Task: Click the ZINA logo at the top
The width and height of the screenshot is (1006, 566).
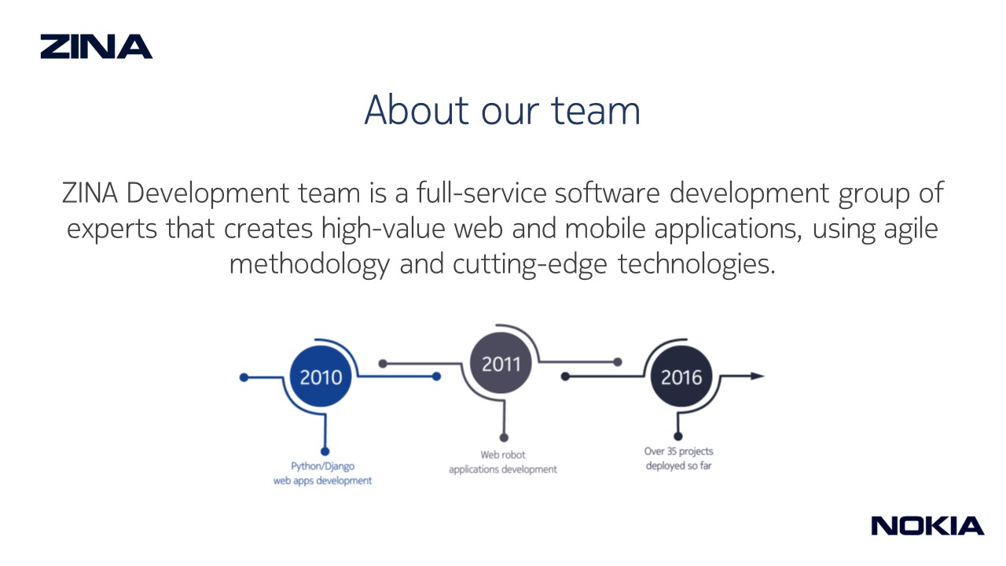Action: [x=97, y=46]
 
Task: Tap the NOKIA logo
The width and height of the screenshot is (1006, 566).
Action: [x=927, y=526]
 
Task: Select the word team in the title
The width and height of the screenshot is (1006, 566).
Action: [x=596, y=111]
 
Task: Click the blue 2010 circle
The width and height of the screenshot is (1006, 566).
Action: [x=321, y=377]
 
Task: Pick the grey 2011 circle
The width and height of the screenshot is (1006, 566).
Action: [x=501, y=363]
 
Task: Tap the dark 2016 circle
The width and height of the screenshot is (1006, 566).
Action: [x=681, y=377]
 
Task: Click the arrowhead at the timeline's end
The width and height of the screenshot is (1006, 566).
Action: [x=758, y=376]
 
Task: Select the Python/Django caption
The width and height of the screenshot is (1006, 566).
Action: [x=322, y=473]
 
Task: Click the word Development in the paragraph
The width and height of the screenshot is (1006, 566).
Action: [x=207, y=193]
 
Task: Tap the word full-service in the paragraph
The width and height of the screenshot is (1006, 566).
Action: [x=482, y=193]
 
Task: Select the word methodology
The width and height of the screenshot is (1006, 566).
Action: [x=310, y=264]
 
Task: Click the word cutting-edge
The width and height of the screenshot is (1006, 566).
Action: [x=530, y=264]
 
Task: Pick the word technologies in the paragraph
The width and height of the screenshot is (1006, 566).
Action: [x=696, y=263]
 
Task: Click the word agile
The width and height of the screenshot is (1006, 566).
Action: [x=911, y=229]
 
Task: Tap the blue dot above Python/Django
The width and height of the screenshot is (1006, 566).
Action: [x=325, y=451]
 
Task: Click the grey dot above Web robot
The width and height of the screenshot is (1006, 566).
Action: [x=504, y=438]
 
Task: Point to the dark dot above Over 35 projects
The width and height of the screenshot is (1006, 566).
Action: [x=678, y=436]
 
